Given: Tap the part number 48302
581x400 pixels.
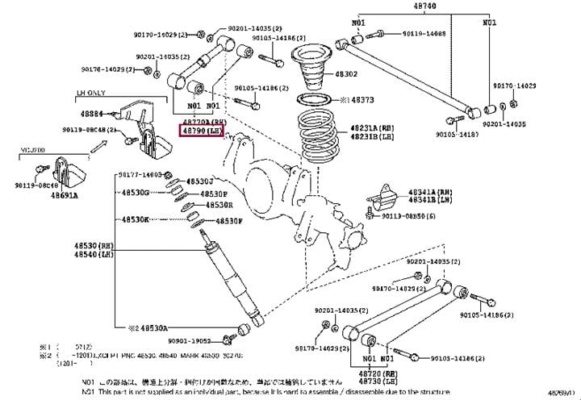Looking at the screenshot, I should click(369, 73).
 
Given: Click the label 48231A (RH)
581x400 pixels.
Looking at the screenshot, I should click(373, 127).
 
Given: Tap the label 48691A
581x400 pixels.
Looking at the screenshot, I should click(67, 195).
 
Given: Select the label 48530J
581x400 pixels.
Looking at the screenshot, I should click(199, 181).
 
